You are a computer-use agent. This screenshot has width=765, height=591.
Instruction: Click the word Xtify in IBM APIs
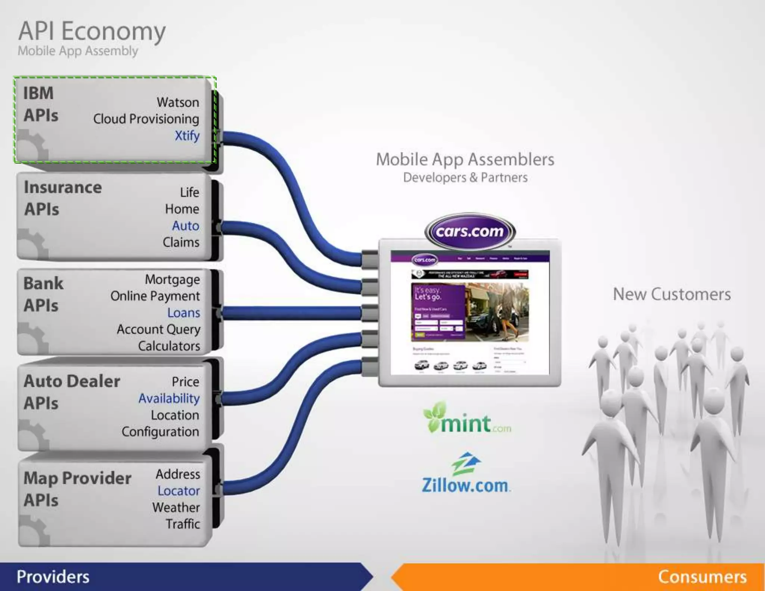[187, 136]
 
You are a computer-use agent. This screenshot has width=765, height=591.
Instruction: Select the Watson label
[178, 102]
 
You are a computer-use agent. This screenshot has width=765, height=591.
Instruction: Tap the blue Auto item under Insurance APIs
[186, 226]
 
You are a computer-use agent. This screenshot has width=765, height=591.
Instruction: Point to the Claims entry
[181, 242]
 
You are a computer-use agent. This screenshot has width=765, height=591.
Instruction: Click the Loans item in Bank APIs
[183, 313]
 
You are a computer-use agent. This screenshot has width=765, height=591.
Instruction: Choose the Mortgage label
[172, 279]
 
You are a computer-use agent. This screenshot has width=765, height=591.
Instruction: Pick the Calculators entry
[169, 346]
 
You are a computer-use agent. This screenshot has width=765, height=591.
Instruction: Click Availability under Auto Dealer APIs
[169, 399]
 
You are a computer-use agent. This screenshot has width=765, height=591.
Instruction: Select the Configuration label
[160, 432]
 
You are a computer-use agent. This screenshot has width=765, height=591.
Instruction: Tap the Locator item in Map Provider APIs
[179, 491]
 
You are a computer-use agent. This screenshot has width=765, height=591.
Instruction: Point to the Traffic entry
[183, 524]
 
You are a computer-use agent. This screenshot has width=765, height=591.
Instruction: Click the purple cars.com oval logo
[470, 232]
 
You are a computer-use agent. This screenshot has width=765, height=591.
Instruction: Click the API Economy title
[92, 31]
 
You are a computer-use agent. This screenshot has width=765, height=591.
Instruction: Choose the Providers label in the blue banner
[53, 577]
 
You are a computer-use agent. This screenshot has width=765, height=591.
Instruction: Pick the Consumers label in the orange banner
[702, 577]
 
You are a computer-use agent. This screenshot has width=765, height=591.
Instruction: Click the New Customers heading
[672, 294]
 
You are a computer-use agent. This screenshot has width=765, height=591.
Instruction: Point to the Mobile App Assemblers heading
[465, 160]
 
